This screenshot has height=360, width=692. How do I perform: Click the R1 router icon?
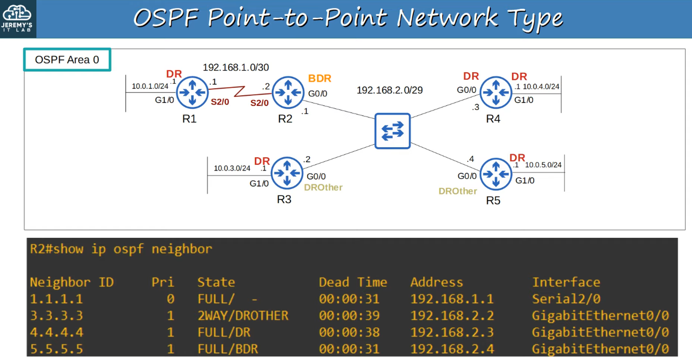click(x=192, y=92)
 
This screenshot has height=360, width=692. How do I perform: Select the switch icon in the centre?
click(x=392, y=131)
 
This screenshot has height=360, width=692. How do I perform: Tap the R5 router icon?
click(x=495, y=174)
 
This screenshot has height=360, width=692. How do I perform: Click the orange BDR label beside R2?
click(x=319, y=78)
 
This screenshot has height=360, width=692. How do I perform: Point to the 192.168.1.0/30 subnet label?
click(x=235, y=67)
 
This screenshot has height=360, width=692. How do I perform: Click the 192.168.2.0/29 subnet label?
click(x=389, y=90)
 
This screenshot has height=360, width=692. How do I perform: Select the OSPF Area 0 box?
click(x=67, y=60)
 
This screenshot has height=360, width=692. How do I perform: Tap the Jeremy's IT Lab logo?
click(x=17, y=18)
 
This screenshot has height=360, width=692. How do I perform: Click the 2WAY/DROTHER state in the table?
click(x=243, y=315)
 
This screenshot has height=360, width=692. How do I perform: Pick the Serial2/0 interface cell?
click(x=566, y=299)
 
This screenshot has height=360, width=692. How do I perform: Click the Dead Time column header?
click(x=353, y=282)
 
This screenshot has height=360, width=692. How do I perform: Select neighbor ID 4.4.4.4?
click(x=56, y=332)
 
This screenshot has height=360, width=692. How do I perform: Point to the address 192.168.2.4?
click(x=452, y=349)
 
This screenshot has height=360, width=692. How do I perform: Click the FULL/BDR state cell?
click(x=228, y=349)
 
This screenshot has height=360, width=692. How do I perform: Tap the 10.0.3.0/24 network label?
click(x=232, y=168)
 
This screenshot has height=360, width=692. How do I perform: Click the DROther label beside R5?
click(x=457, y=191)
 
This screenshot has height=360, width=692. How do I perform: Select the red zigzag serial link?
click(x=239, y=91)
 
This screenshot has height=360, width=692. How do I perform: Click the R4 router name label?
click(x=493, y=119)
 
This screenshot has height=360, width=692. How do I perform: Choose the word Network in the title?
click(x=447, y=18)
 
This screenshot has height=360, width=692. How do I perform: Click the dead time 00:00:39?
click(x=349, y=315)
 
